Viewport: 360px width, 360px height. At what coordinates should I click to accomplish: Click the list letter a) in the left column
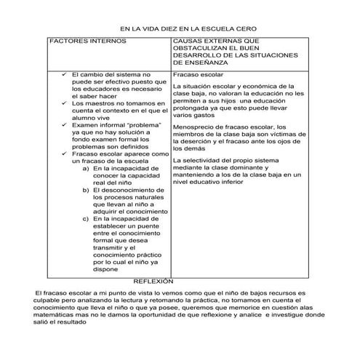click(x=87, y=169)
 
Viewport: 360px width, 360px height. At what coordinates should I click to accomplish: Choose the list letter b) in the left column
click(x=87, y=191)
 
